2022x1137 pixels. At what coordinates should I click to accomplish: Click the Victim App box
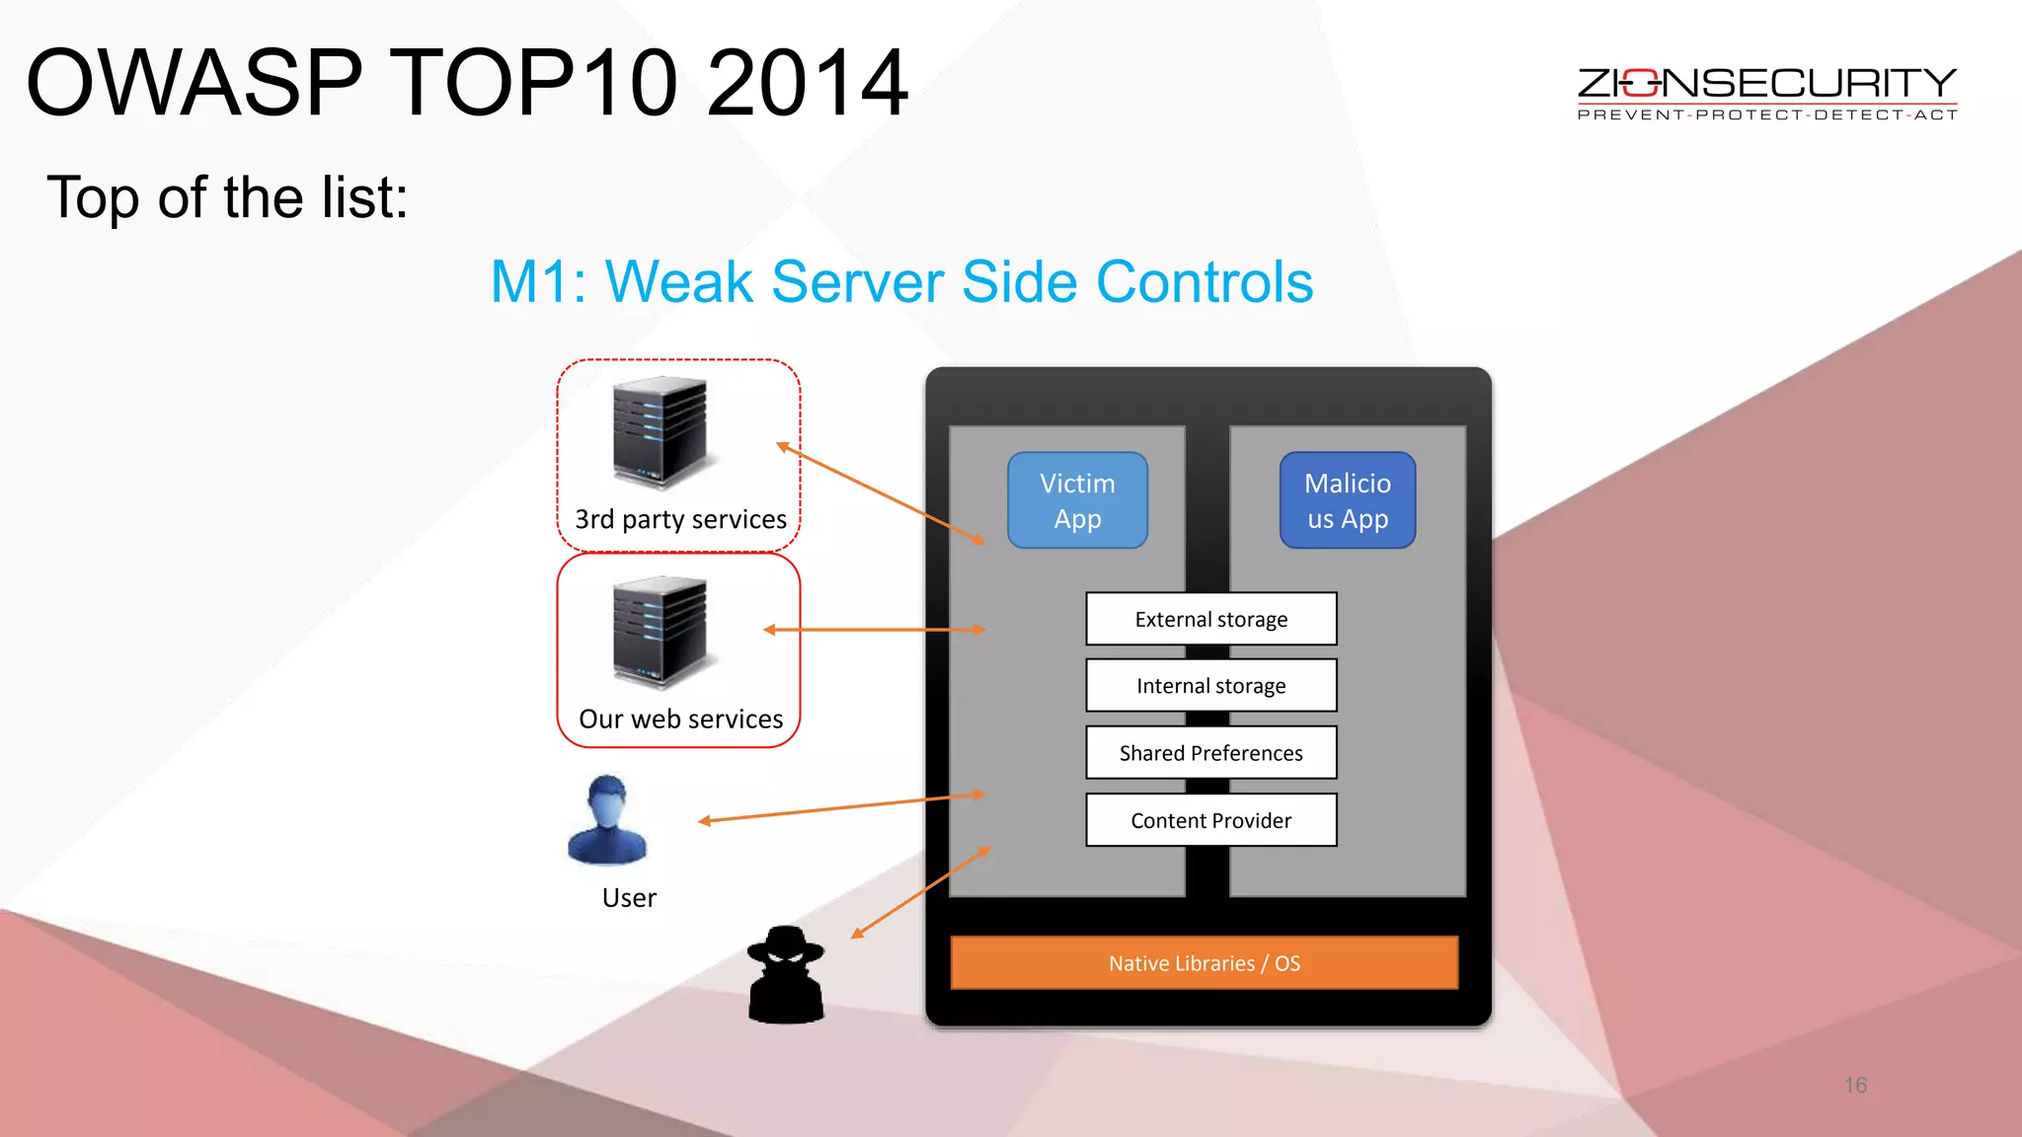click(1077, 500)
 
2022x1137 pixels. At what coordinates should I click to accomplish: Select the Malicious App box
click(1348, 500)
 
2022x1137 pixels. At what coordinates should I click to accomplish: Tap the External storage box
click(1211, 619)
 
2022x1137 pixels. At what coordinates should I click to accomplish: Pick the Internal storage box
click(1211, 686)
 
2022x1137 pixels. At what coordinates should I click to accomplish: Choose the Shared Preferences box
click(1211, 753)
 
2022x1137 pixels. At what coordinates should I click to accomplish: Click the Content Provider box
click(1211, 820)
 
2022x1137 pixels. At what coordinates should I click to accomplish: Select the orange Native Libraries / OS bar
click(1205, 963)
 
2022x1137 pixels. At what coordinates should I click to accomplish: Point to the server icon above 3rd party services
click(660, 433)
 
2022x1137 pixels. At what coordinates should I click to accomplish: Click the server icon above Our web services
click(660, 633)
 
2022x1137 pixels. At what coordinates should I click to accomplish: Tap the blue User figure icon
click(607, 820)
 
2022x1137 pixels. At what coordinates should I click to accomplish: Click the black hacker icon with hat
click(786, 975)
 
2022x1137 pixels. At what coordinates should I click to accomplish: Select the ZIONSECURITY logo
click(1766, 84)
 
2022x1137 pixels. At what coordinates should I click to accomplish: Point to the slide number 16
click(1855, 1086)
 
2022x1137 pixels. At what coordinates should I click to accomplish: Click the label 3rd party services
click(680, 519)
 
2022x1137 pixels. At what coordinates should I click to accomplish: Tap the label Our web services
click(680, 720)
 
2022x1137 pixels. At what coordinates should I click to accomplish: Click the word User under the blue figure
click(629, 898)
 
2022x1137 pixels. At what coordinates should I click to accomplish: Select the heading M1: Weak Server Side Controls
click(901, 282)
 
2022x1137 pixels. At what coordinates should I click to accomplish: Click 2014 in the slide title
click(807, 83)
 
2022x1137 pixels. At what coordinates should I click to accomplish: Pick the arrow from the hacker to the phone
click(920, 892)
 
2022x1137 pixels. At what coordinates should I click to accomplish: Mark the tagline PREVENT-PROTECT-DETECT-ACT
click(1767, 115)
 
